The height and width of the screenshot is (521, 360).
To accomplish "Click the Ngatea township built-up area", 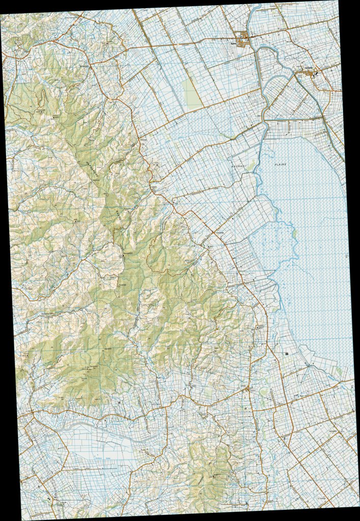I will pyautogui.click(x=244, y=38).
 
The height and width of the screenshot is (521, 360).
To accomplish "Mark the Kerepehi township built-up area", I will pyautogui.click(x=311, y=74).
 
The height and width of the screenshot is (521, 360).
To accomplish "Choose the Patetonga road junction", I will pyautogui.click(x=247, y=389).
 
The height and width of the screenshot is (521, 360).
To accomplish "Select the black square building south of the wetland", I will pyautogui.click(x=287, y=353).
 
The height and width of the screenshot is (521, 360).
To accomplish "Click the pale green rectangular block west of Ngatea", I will pyautogui.click(x=192, y=94).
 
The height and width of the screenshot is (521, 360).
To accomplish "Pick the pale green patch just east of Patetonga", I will pyautogui.click(x=263, y=392).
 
